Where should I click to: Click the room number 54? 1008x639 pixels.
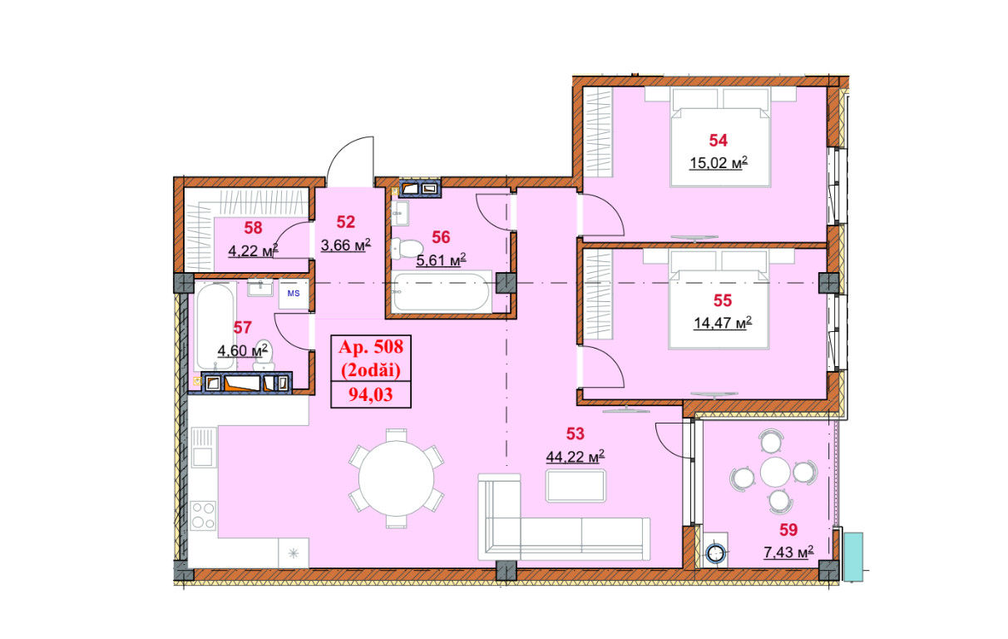point(718,141)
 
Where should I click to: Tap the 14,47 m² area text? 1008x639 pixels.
point(723,323)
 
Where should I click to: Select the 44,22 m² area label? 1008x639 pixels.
point(575,457)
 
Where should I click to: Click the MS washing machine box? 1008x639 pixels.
point(294,294)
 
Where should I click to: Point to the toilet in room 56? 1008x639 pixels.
point(407,249)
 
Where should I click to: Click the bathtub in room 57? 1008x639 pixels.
point(215,326)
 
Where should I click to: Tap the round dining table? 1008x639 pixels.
point(397,478)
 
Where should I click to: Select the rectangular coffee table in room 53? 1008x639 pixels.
point(576,485)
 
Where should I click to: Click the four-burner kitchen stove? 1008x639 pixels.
point(203,516)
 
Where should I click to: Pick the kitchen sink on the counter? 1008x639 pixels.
point(204,447)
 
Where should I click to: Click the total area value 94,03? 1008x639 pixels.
point(371,394)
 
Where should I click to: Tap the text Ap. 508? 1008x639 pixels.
point(371,347)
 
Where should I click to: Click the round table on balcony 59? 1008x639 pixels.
point(775,473)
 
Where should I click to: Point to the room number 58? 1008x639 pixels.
point(253,227)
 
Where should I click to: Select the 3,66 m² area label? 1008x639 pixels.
point(346,245)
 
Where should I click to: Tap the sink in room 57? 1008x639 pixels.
point(259,288)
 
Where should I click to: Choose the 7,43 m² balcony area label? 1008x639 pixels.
point(788,552)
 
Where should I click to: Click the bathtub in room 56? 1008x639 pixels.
point(440,292)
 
